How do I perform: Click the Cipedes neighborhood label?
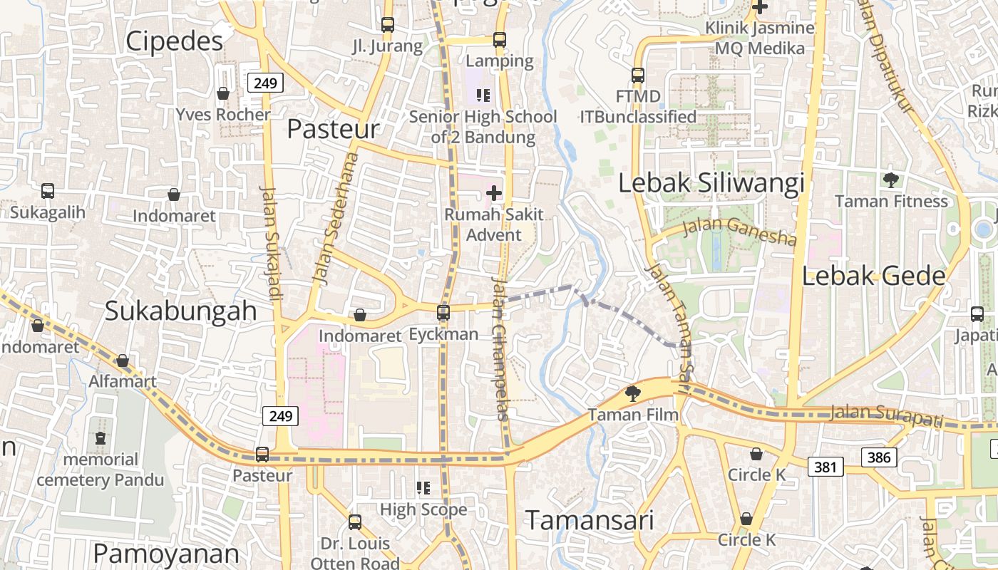click(x=175, y=41)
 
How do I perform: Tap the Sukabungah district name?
click(x=181, y=311)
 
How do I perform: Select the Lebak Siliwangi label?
click(x=711, y=183)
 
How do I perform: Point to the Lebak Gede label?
click(x=873, y=276)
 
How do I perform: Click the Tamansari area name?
click(x=589, y=520)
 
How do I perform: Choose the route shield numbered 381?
click(x=825, y=467)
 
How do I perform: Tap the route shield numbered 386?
click(x=879, y=457)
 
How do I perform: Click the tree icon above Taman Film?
click(x=632, y=393)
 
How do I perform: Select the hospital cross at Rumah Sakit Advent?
click(x=494, y=192)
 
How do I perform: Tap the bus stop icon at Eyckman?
click(x=443, y=312)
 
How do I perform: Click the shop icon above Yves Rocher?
click(x=223, y=93)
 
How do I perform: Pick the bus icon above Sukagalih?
click(x=48, y=191)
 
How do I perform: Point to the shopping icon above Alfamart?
click(x=123, y=361)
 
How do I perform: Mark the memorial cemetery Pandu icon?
click(x=101, y=438)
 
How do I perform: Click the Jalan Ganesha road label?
click(x=739, y=231)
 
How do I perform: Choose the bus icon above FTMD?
click(x=638, y=75)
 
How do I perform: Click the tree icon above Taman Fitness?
click(x=890, y=180)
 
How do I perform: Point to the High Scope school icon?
click(x=423, y=488)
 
